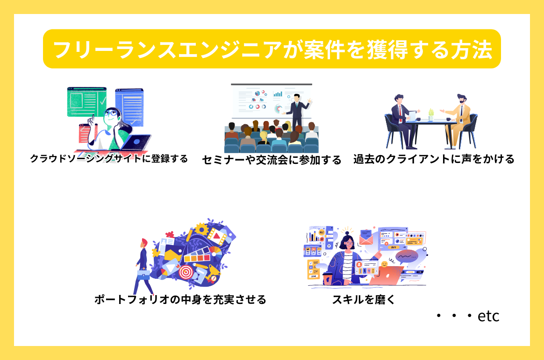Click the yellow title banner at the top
[x=272, y=49]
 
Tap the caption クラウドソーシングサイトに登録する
[x=109, y=159]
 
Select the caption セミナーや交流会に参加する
[x=272, y=160]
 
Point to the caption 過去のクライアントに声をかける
[x=434, y=159]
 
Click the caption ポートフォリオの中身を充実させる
[x=180, y=299]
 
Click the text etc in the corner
[x=488, y=317]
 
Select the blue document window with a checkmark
[x=129, y=107]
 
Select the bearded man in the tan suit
[x=458, y=119]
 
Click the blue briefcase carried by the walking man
[x=143, y=275]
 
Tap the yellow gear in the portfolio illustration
[x=201, y=229]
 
